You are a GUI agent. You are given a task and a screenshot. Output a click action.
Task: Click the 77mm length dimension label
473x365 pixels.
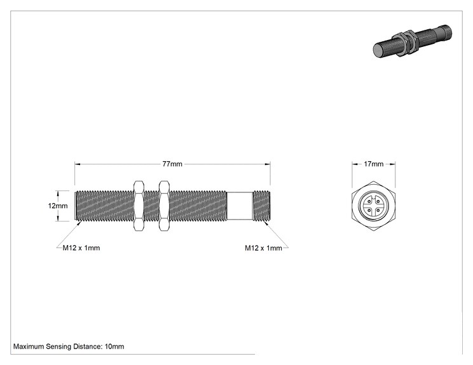click(172, 164)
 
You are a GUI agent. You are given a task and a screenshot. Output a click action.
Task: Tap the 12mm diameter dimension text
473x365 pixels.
click(58, 206)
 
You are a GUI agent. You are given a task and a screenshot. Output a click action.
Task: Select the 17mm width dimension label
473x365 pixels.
click(373, 164)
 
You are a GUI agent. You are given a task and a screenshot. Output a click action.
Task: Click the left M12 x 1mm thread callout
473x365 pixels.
click(81, 248)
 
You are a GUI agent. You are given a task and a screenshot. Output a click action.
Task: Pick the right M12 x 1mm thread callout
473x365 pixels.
click(263, 248)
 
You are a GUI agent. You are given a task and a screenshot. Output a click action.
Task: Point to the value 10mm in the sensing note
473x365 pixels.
click(114, 347)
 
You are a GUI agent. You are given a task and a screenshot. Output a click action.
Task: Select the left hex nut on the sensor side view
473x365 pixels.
click(139, 206)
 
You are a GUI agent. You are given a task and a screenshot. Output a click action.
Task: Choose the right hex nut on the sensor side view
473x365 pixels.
click(164, 206)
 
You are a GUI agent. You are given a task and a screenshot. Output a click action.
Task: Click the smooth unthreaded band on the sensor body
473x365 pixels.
click(240, 206)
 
